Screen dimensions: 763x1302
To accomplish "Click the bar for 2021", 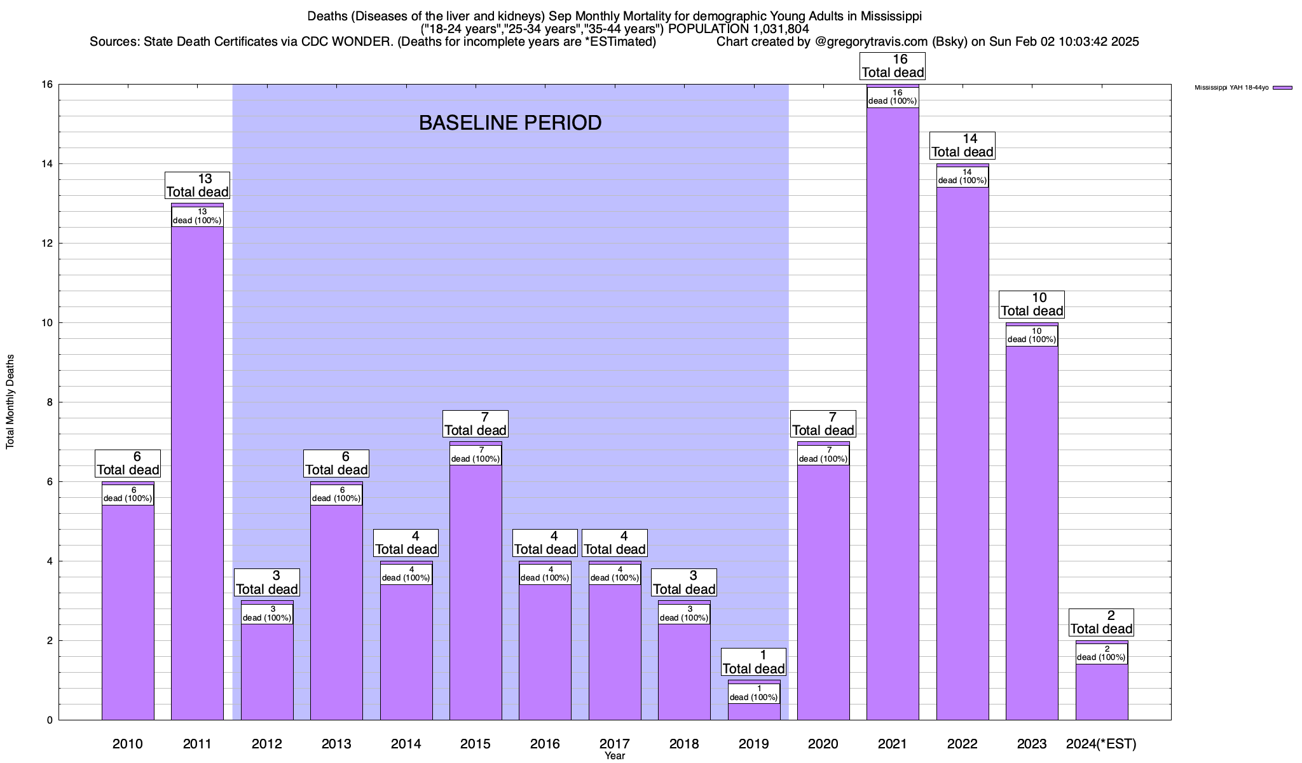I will point(893,413).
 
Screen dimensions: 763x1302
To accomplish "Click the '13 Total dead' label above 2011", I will point(197,186).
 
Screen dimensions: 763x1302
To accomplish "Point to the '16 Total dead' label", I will point(893,66).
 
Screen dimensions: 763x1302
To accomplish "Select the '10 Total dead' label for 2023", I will point(1032,305).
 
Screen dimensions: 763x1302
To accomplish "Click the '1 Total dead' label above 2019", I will point(754,663).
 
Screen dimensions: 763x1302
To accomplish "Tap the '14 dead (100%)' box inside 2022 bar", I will point(963,177).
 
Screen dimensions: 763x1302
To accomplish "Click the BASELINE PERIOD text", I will point(510,123).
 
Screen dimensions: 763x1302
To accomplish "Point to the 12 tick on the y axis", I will point(49,244).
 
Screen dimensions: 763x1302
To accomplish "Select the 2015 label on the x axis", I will point(476,744).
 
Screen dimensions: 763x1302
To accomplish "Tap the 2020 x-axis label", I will point(823,744).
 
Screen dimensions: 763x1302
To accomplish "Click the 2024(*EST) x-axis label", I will point(1101,744).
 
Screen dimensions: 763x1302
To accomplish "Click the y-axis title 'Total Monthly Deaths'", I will point(10,402).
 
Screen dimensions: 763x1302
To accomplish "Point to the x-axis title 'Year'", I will point(615,756).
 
